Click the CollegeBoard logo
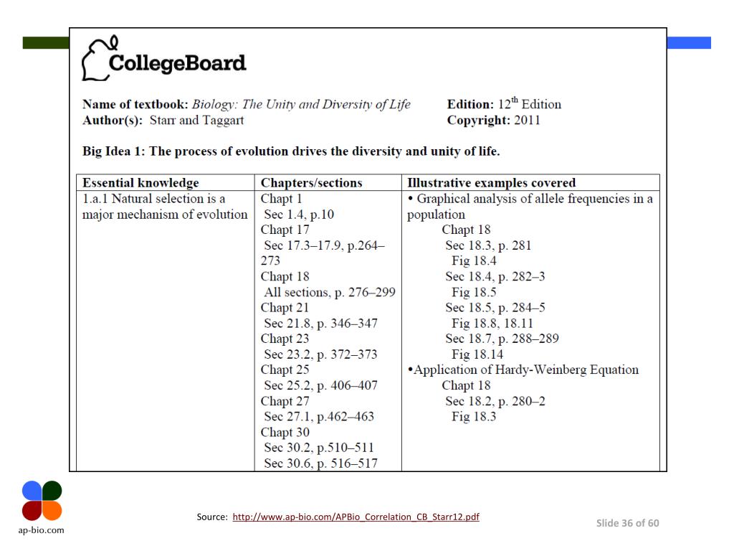164,60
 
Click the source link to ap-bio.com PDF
356,517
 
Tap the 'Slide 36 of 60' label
627,523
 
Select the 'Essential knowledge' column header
140,183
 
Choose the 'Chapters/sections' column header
311,183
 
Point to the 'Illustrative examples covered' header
491,183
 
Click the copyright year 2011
527,120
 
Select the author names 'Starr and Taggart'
196,120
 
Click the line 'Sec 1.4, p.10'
299,215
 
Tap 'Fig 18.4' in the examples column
474,261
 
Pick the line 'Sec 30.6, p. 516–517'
320,463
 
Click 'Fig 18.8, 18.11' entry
492,324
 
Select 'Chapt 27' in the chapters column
285,401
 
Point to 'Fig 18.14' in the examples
477,354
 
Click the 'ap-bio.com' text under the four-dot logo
42,530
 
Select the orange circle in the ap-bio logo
52,510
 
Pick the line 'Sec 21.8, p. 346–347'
320,324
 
